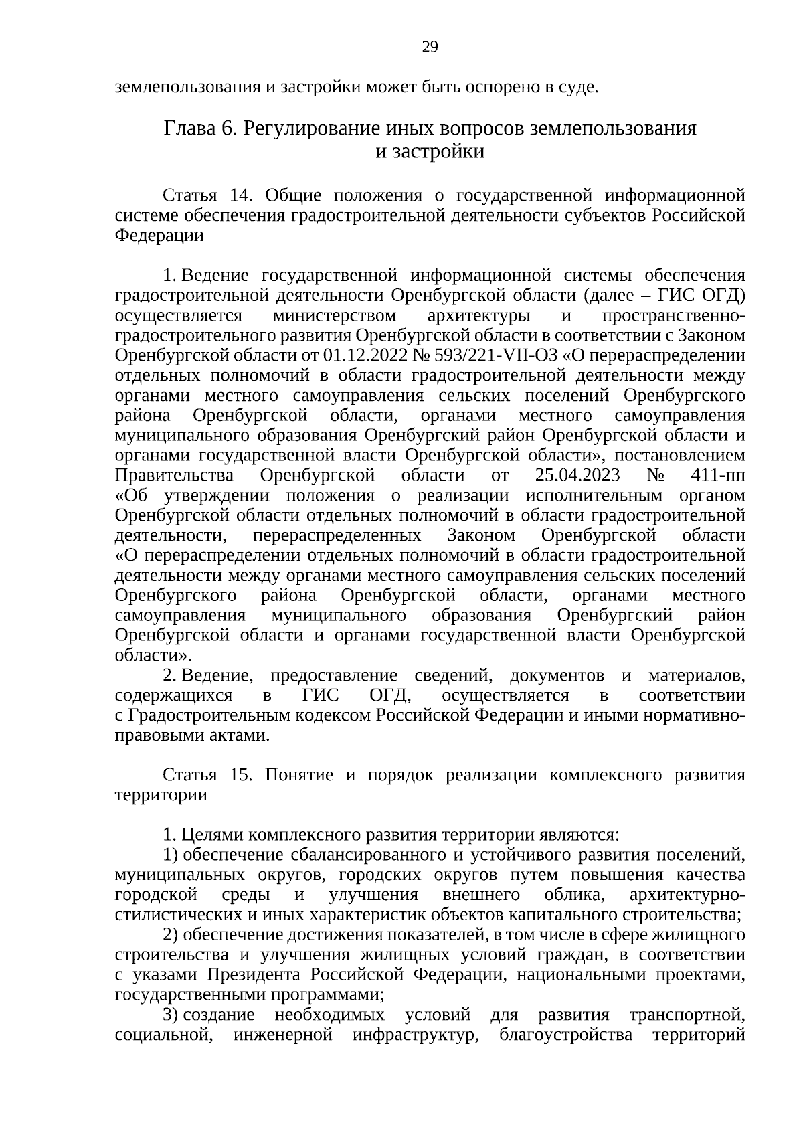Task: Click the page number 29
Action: click(x=430, y=46)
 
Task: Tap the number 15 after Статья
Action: click(x=240, y=775)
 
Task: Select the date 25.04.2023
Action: click(x=577, y=476)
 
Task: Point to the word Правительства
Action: click(x=174, y=476)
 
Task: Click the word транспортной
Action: click(x=687, y=1035)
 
